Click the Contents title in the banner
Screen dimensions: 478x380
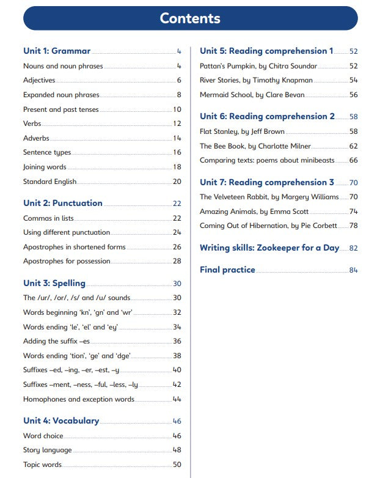190,18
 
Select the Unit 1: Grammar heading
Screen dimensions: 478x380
57,51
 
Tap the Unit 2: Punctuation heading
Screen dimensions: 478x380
63,204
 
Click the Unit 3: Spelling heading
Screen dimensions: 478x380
54,283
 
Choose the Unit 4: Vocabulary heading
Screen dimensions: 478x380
61,421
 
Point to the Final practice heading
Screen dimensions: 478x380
227,270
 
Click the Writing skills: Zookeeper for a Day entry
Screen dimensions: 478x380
269,248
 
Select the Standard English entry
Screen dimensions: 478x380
50,182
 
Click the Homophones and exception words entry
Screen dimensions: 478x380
79,399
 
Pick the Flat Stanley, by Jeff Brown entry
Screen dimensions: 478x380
242,131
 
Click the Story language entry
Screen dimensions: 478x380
48,450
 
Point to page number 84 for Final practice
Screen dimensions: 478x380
353,270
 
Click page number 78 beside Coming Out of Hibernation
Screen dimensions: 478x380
353,226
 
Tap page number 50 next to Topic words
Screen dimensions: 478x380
177,465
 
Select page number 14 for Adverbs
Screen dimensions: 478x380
177,139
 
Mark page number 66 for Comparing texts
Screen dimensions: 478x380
353,160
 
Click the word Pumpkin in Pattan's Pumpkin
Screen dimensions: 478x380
240,66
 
